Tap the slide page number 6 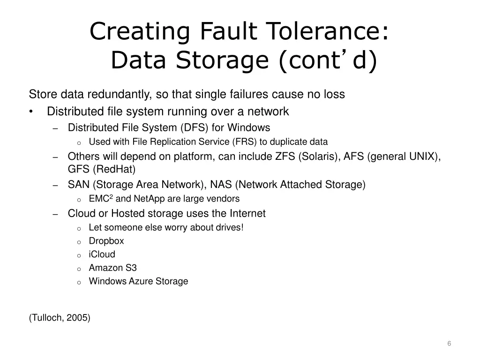(x=449, y=344)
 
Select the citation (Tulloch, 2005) (x=60, y=318)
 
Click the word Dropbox (x=106, y=241)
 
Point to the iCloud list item (x=102, y=255)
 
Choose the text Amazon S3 (x=112, y=268)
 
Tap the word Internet (x=247, y=214)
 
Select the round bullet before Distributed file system (x=31, y=112)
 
